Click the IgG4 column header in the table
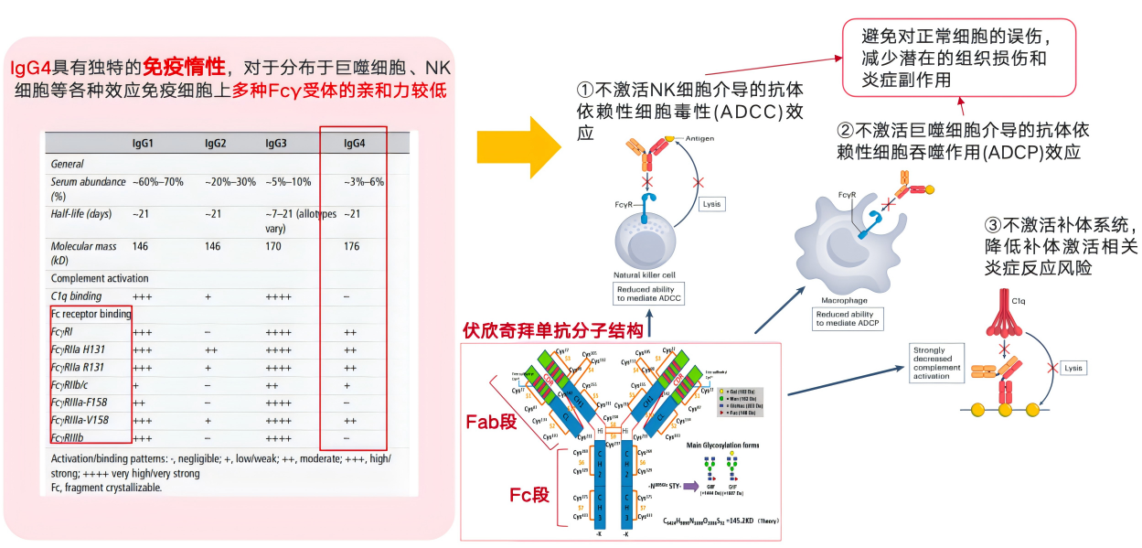[x=354, y=144]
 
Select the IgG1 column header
[x=144, y=144]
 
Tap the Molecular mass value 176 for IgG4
[x=353, y=246]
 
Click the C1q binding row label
[x=77, y=296]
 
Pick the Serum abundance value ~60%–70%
[x=158, y=182]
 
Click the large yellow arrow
[x=518, y=147]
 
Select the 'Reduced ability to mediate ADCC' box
[x=651, y=294]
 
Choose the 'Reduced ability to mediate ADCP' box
[x=848, y=318]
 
